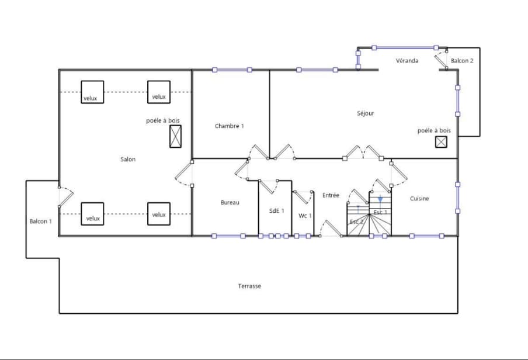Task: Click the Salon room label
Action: coord(128,160)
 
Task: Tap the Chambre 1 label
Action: coord(230,126)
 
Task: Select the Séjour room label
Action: coord(366,113)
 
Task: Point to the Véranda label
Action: coord(407,61)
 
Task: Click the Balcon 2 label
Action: coord(462,61)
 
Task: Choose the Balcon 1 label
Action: coord(41,221)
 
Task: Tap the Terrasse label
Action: coord(249,286)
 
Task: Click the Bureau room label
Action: coord(230,203)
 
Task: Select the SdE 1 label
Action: coord(276,210)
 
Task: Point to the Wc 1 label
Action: coord(305,216)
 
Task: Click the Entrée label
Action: coord(331,195)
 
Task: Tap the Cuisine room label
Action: coord(419,199)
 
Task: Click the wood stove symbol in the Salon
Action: coord(175,136)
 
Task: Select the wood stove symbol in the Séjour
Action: coord(441,142)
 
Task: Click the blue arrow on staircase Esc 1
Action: coord(380,199)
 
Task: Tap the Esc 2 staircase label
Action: coord(357,222)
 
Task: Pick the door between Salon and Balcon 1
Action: coord(65,197)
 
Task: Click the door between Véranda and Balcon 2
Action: coord(441,60)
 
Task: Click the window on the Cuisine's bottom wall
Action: coord(426,236)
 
